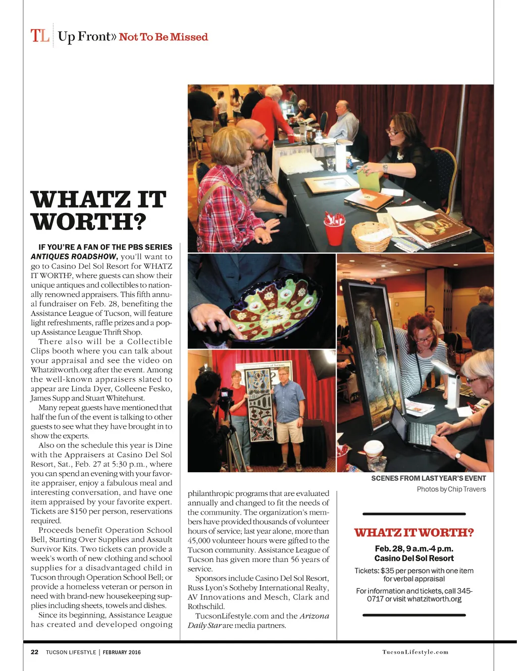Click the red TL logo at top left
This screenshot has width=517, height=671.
click(40, 36)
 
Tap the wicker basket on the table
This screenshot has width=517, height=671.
click(372, 236)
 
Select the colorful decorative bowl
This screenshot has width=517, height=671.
click(273, 303)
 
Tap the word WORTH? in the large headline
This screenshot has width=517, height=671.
click(89, 222)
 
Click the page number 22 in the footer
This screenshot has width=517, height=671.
click(34, 652)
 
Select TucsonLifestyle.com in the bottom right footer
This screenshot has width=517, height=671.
click(415, 652)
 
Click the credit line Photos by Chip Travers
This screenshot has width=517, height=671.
click(451, 489)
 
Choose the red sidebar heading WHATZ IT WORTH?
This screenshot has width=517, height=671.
click(413, 533)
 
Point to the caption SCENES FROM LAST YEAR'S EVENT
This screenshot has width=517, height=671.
click(428, 478)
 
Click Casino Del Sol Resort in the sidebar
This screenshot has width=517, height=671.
click(413, 558)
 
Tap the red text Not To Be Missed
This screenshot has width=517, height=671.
click(163, 37)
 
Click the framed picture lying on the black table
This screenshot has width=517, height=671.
click(331, 185)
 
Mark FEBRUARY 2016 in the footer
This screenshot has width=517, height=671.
click(122, 652)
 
